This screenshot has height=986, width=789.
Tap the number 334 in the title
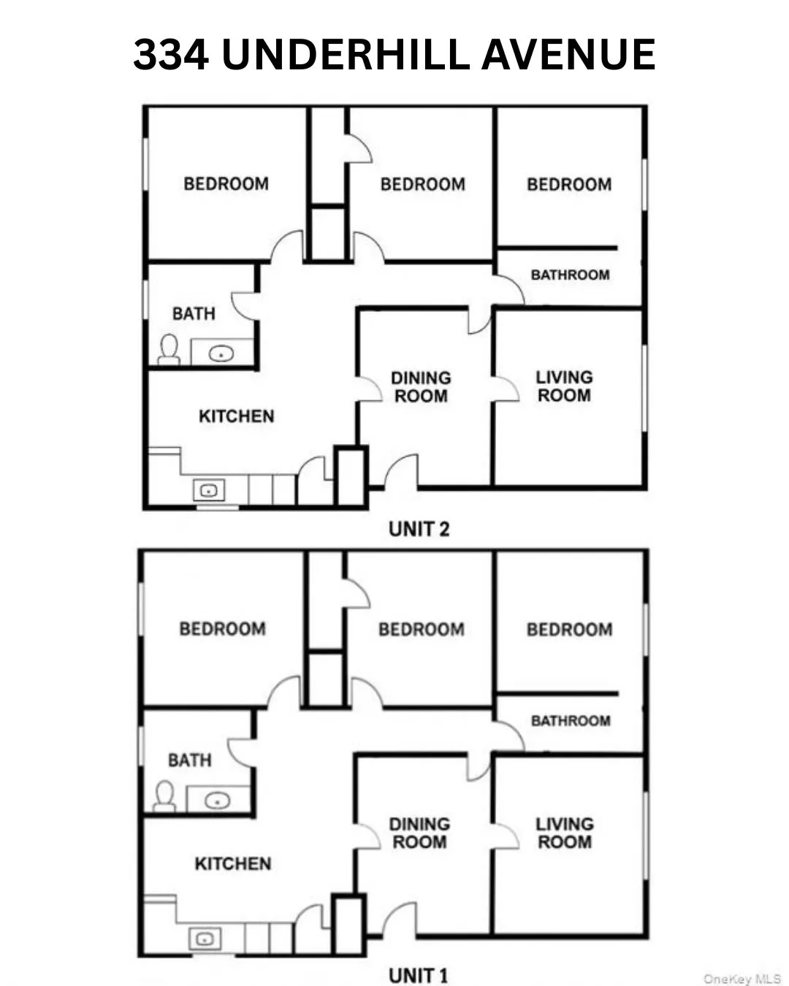pyautogui.click(x=171, y=55)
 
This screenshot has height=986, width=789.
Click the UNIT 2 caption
pyautogui.click(x=419, y=529)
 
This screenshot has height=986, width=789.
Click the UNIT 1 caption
pyautogui.click(x=418, y=975)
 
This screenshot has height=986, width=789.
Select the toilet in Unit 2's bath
pyautogui.click(x=169, y=350)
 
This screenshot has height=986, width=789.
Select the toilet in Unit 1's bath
pyautogui.click(x=164, y=796)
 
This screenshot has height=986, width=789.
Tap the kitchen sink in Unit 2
pyautogui.click(x=209, y=491)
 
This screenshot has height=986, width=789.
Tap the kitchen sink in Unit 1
pyautogui.click(x=205, y=938)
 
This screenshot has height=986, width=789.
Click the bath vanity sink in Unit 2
pyautogui.click(x=221, y=354)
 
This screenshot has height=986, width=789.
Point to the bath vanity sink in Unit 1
pyautogui.click(x=216, y=800)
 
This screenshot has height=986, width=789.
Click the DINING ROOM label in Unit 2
pyautogui.click(x=421, y=387)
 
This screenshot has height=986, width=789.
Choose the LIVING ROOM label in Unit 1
pyautogui.click(x=565, y=833)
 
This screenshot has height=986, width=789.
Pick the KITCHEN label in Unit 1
pyautogui.click(x=232, y=863)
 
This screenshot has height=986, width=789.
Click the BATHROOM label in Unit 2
pyautogui.click(x=570, y=275)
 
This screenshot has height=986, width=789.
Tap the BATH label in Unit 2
pyautogui.click(x=194, y=313)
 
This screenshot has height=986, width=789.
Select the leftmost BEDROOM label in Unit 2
pyautogui.click(x=226, y=183)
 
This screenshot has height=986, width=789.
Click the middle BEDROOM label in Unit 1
pyautogui.click(x=422, y=630)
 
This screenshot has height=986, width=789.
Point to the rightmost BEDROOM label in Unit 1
pyautogui.click(x=569, y=630)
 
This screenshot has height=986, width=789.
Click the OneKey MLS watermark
pyautogui.click(x=741, y=979)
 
